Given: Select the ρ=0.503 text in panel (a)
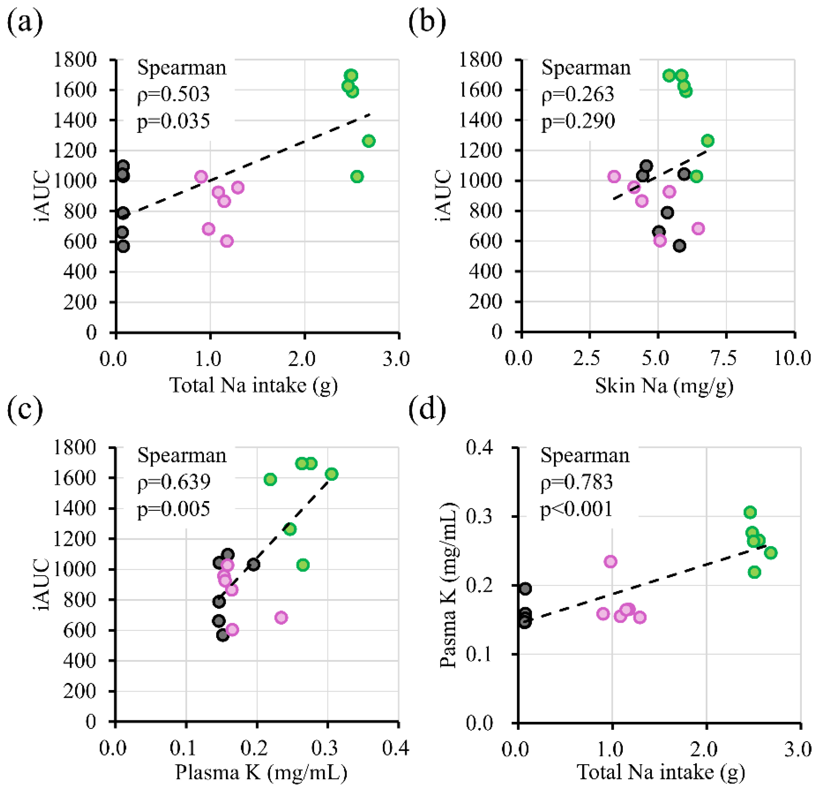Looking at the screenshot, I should (x=173, y=94).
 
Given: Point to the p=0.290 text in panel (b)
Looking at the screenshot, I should (x=578, y=121).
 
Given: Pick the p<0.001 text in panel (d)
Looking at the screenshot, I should (x=576, y=509).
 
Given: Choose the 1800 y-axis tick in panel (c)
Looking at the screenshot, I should (x=75, y=447).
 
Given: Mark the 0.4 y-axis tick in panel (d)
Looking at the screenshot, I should (x=480, y=447).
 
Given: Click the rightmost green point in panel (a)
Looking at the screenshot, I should (x=369, y=141).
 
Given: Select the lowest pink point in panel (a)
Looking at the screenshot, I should (x=227, y=241).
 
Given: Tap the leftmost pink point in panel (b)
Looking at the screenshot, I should (x=614, y=176).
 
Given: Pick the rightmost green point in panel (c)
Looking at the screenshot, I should (x=332, y=474).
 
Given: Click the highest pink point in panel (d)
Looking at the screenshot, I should (x=611, y=561).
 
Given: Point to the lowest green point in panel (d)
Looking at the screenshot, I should (x=754, y=572).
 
